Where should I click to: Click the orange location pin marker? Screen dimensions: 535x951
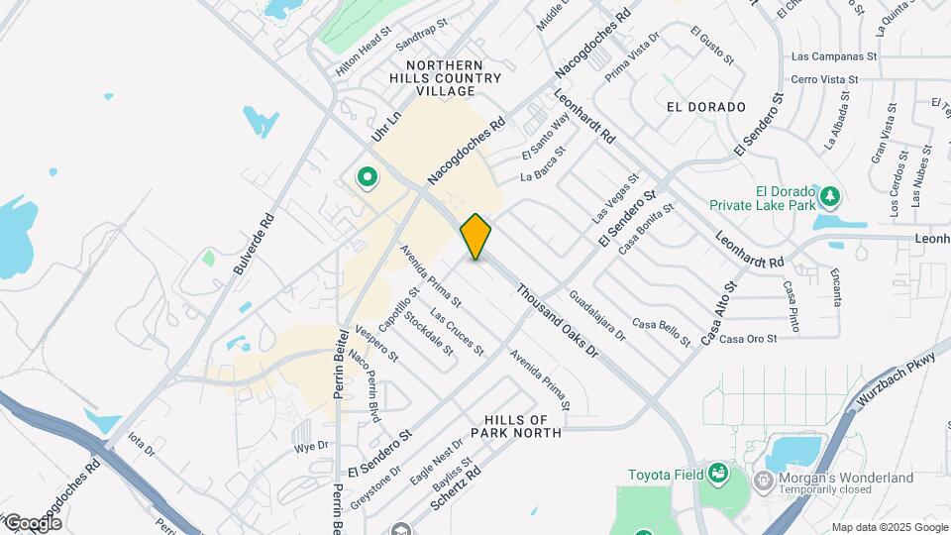475,237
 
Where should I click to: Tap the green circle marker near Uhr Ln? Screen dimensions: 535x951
368,178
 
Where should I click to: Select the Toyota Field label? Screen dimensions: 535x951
664,474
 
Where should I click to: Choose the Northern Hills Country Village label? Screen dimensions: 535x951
454,77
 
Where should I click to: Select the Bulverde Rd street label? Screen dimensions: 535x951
254,246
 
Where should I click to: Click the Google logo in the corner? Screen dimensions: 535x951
33,522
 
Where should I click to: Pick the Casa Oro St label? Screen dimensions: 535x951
748,340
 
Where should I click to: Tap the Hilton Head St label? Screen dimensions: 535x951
364,54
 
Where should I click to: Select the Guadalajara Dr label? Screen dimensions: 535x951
598,315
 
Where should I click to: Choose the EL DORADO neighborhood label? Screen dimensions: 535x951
705,107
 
